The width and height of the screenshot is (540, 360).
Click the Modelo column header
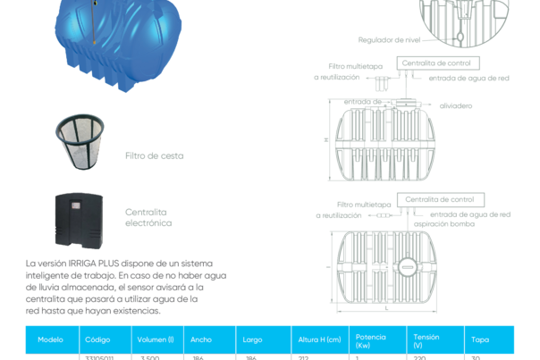click(50, 339)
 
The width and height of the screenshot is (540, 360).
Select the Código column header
click(97, 339)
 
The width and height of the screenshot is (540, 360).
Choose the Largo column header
click(252, 339)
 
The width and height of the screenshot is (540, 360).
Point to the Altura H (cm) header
click(318, 339)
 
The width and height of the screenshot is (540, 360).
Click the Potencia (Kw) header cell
click(370, 339)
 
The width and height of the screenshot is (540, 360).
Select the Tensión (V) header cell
click(426, 339)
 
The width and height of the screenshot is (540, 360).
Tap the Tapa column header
click(480, 339)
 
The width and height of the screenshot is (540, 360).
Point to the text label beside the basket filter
click(154, 155)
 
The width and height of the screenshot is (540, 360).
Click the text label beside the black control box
click(148, 218)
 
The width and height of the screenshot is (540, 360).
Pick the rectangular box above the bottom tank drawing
click(437, 197)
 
